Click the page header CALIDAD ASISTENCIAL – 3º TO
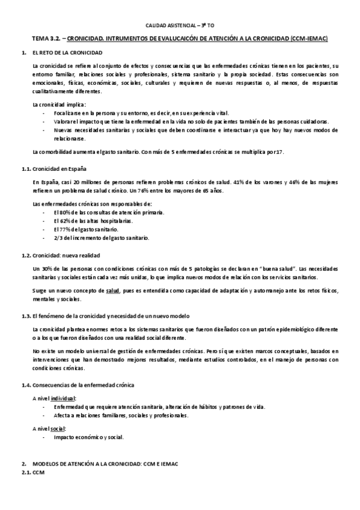pos(180,26)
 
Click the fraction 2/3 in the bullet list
pos(58,238)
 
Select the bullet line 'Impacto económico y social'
pos(88,437)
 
